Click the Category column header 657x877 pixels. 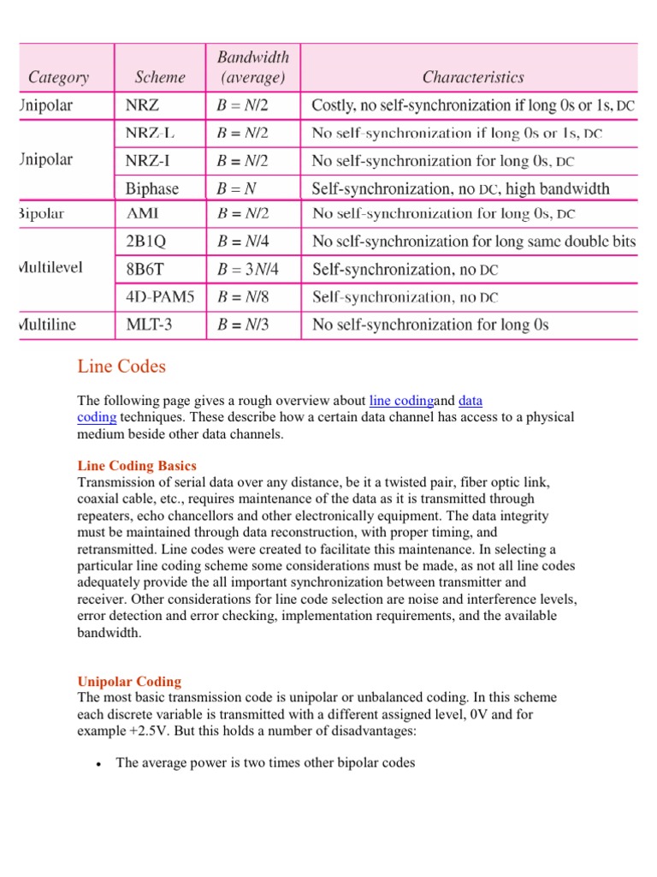pyautogui.click(x=59, y=77)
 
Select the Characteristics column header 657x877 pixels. pyautogui.click(x=473, y=77)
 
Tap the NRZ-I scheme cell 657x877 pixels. pyautogui.click(x=141, y=160)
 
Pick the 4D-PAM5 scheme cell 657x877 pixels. pyautogui.click(x=154, y=297)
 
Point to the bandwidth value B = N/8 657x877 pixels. pyautogui.click(x=244, y=297)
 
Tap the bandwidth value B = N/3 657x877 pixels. pyautogui.click(x=244, y=325)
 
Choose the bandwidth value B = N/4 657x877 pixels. pyautogui.click(x=244, y=242)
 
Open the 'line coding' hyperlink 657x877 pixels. pyautogui.click(x=401, y=400)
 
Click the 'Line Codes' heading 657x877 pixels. pyautogui.click(x=121, y=367)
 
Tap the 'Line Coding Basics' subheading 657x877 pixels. pyautogui.click(x=137, y=466)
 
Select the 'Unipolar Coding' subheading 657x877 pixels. pyautogui.click(x=129, y=682)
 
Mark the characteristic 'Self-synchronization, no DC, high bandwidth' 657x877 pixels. pyautogui.click(x=460, y=188)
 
